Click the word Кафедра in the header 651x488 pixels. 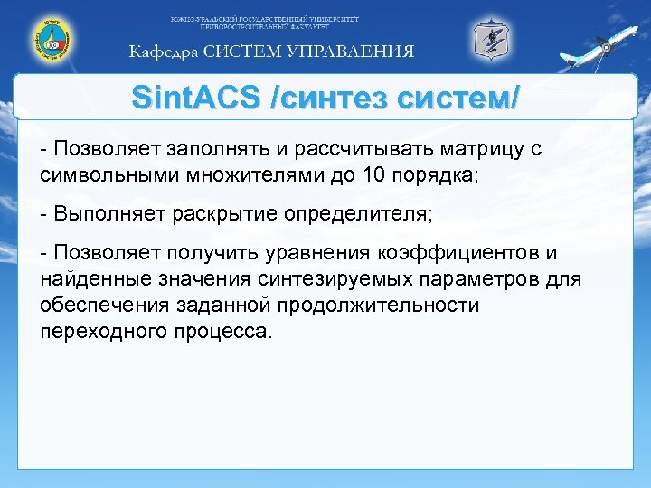point(162,52)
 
